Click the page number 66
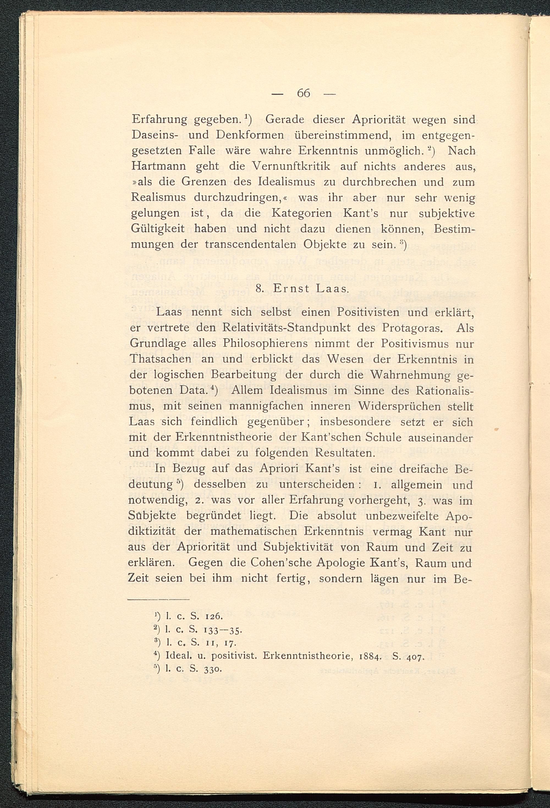point(303,93)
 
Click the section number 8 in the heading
point(258,289)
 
